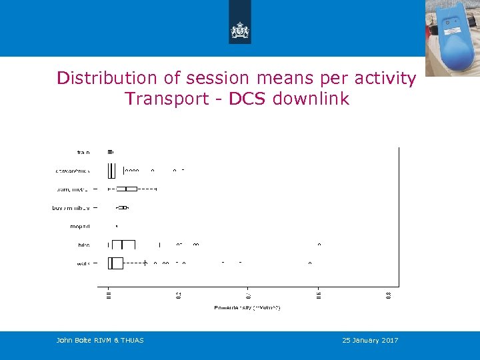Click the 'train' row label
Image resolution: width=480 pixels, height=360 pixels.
pyautogui.click(x=83, y=153)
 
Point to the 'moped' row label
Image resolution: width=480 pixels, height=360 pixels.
pyautogui.click(x=79, y=227)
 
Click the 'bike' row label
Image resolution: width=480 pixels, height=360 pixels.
pyautogui.click(x=83, y=245)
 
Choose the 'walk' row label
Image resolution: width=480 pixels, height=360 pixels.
pyautogui.click(x=83, y=264)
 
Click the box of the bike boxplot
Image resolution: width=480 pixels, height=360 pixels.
pyautogui.click(x=123, y=245)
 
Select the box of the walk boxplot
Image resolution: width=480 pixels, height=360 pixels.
pyautogui.click(x=116, y=263)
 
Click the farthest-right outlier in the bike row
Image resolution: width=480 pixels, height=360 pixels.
pyautogui.click(x=319, y=245)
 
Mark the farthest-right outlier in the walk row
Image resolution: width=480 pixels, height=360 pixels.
pyautogui.click(x=310, y=263)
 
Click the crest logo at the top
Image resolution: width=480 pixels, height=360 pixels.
pyautogui.click(x=239, y=29)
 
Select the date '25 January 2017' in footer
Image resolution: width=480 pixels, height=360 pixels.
pyautogui.click(x=370, y=341)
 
